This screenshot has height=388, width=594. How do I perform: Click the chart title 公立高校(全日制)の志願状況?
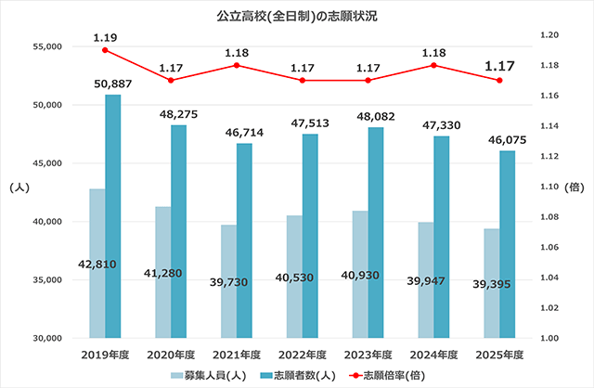tap(297, 16)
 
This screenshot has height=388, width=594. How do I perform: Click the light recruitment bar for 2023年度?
tap(360, 274)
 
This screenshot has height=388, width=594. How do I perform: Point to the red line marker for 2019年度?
tap(105, 50)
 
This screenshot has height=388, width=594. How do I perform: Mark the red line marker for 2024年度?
tap(433, 65)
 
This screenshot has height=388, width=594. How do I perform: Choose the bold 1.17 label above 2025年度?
tap(499, 67)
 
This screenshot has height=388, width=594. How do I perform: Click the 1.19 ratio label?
tap(105, 37)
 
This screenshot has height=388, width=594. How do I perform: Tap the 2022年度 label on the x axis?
tap(302, 354)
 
